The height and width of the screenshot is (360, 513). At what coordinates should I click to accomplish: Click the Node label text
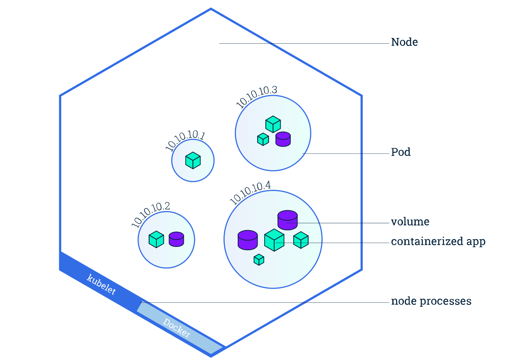(x=404, y=42)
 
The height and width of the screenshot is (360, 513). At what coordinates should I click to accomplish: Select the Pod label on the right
(x=401, y=152)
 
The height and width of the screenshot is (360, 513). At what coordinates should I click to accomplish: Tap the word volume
(x=410, y=222)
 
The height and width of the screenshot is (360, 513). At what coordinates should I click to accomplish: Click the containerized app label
(x=438, y=242)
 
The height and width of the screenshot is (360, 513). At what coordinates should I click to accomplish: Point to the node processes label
(x=431, y=301)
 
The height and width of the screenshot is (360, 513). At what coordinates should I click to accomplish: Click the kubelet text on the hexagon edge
(x=101, y=284)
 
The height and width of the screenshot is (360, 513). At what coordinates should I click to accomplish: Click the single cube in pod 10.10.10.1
(x=193, y=160)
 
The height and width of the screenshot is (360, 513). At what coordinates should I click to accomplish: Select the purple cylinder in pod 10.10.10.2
(x=176, y=239)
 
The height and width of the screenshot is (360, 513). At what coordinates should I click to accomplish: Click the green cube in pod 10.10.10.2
(x=156, y=240)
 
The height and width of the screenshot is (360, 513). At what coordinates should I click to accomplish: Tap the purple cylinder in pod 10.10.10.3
(x=283, y=139)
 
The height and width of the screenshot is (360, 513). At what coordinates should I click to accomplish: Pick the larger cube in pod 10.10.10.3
(x=273, y=124)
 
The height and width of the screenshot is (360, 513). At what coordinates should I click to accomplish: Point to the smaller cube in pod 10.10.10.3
(x=263, y=139)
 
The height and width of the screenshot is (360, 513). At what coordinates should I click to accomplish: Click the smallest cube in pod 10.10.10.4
(x=259, y=260)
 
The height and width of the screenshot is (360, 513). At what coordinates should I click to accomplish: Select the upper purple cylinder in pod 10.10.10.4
(x=288, y=220)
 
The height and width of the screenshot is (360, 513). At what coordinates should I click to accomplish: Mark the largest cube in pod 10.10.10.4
(x=274, y=240)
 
